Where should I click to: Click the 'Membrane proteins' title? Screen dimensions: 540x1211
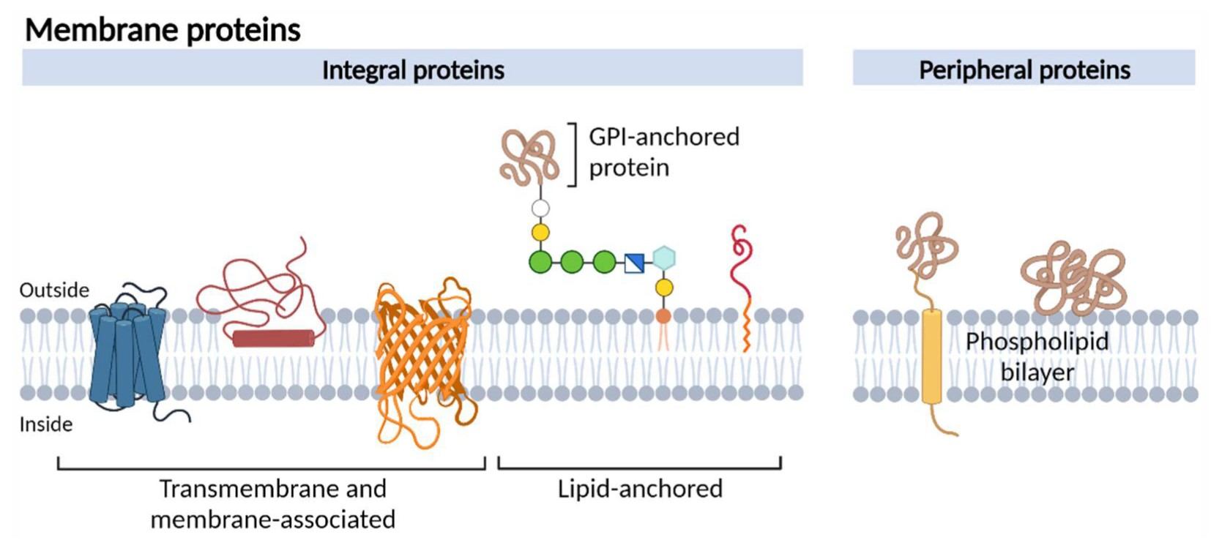click(x=163, y=30)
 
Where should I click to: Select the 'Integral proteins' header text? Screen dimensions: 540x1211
click(x=413, y=70)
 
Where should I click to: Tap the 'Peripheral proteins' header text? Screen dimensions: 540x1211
click(x=1024, y=70)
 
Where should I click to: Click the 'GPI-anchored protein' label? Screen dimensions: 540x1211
click(x=663, y=151)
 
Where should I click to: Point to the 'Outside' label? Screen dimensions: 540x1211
click(x=54, y=290)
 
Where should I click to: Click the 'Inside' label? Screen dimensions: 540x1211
click(x=45, y=424)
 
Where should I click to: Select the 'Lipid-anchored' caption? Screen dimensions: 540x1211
click(x=639, y=489)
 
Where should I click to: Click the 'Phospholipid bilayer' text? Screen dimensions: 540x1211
click(x=1036, y=356)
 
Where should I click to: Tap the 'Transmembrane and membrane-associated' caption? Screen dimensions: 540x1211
click(x=272, y=503)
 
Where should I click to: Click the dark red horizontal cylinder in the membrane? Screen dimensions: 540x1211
click(x=273, y=338)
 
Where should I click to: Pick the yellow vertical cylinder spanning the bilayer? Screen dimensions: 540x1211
click(x=931, y=356)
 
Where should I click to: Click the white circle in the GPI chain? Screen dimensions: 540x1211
click(x=540, y=209)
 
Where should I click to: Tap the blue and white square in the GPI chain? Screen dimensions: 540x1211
click(x=634, y=263)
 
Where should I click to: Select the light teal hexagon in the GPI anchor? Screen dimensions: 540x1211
click(x=664, y=258)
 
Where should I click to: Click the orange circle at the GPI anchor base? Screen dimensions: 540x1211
click(x=663, y=316)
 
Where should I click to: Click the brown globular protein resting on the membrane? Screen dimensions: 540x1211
click(x=1073, y=278)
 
